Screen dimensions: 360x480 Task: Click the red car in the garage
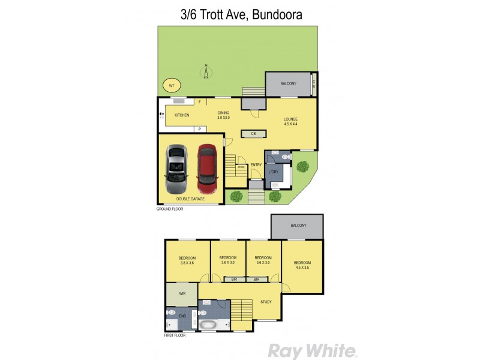coord(206,166)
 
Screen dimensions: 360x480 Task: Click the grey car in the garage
coord(177,166)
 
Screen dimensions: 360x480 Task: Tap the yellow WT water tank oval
coord(171,86)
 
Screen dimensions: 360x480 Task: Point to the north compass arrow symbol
coord(206,72)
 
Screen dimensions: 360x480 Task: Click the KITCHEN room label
coord(182,115)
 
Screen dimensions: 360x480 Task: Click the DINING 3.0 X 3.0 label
coord(223,115)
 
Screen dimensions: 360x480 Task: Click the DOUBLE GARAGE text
coord(190,199)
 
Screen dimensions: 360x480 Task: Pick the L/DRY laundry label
coord(274,173)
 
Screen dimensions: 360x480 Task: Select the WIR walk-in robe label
coord(181,295)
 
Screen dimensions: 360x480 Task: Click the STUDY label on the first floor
coord(266,302)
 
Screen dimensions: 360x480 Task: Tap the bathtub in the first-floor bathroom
coord(209,325)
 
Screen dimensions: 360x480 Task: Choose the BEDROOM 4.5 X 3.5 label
coord(302,265)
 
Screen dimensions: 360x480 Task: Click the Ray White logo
coord(312,350)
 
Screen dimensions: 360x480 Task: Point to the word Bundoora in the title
coord(278,13)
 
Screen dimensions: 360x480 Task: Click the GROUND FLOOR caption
coord(170,209)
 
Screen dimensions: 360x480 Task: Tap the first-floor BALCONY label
coord(298,226)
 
